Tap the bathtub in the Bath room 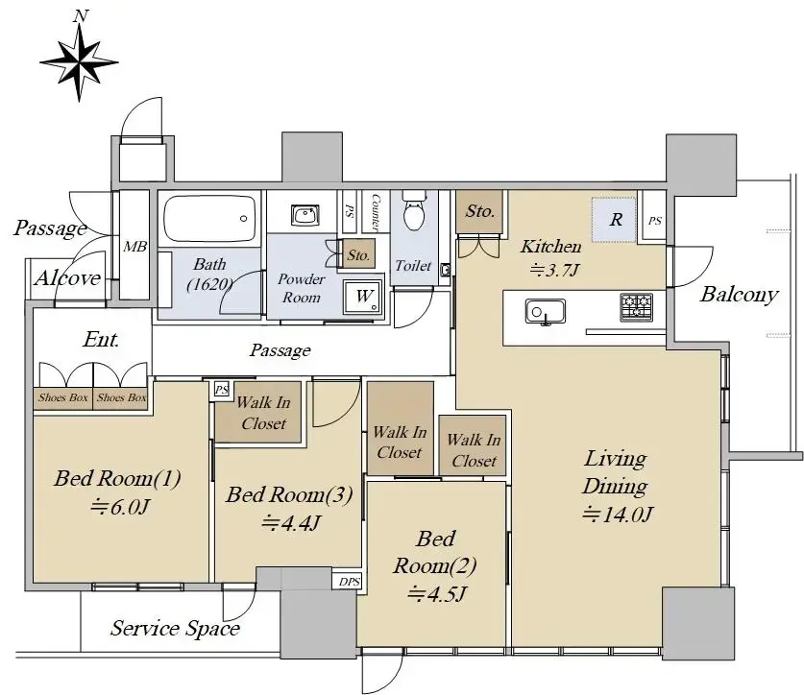[x=209, y=219]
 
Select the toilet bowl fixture [x=414, y=211]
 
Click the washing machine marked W [x=363, y=297]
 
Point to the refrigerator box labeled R [x=614, y=220]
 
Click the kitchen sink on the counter [x=545, y=312]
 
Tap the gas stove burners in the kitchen [x=636, y=307]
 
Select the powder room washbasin [x=305, y=215]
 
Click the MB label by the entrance [x=134, y=247]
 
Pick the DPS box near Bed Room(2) [x=350, y=581]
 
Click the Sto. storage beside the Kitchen [x=479, y=212]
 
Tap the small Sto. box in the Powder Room [x=358, y=254]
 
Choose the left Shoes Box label [x=63, y=397]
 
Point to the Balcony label [x=739, y=294]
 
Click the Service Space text [x=176, y=628]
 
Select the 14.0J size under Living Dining [x=617, y=513]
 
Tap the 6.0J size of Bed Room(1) [x=119, y=507]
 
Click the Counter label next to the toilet [x=376, y=211]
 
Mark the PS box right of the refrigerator [x=655, y=221]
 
